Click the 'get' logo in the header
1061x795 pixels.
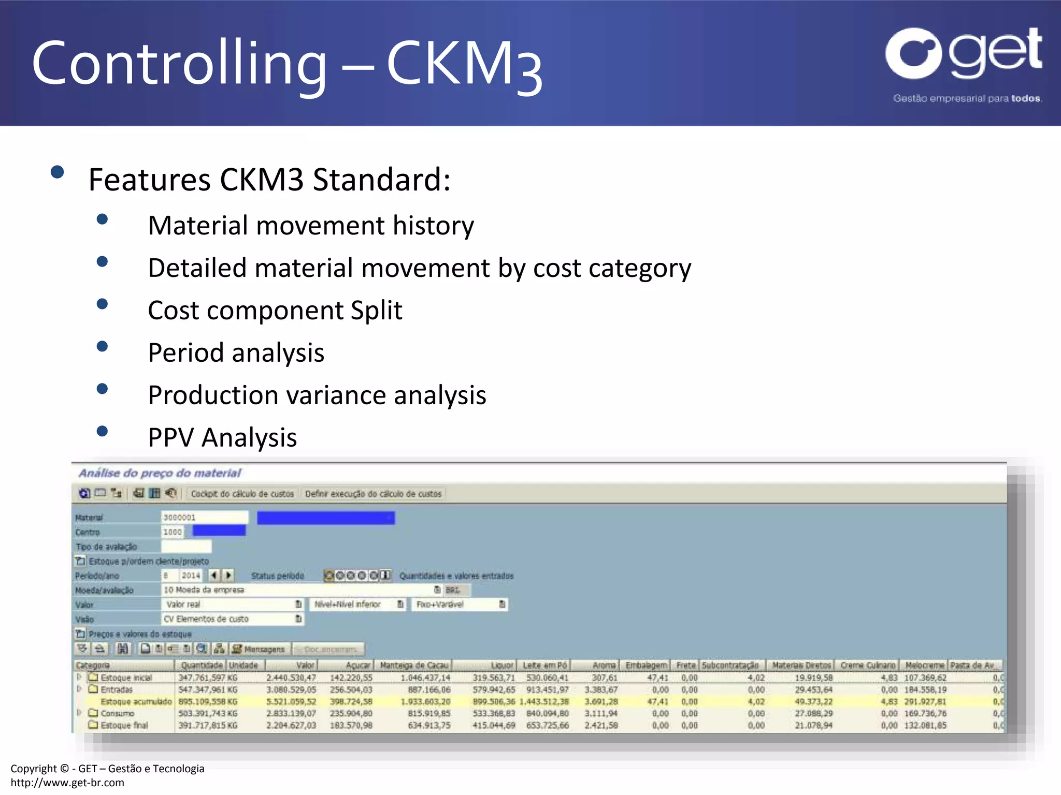[x=964, y=54]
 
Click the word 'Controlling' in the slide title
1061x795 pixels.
[x=179, y=64]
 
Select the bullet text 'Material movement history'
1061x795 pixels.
[x=311, y=226]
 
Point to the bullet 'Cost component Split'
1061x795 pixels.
[x=275, y=311]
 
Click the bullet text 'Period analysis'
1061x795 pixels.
[x=236, y=353]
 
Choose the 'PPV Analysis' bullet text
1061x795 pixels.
[x=222, y=438]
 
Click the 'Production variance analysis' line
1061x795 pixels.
[x=317, y=395]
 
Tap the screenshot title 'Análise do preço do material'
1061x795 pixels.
[x=160, y=473]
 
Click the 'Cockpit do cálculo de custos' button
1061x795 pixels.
[x=242, y=494]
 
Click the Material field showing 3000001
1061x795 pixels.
[x=204, y=517]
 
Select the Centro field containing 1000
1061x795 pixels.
[x=173, y=532]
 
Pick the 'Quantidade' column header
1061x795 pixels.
[x=201, y=665]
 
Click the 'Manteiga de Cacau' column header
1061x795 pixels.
[x=414, y=665]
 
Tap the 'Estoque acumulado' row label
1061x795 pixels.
[x=136, y=702]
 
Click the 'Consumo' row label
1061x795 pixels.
[x=117, y=714]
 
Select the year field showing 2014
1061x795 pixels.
[x=190, y=576]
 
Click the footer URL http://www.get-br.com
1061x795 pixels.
[x=67, y=783]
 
